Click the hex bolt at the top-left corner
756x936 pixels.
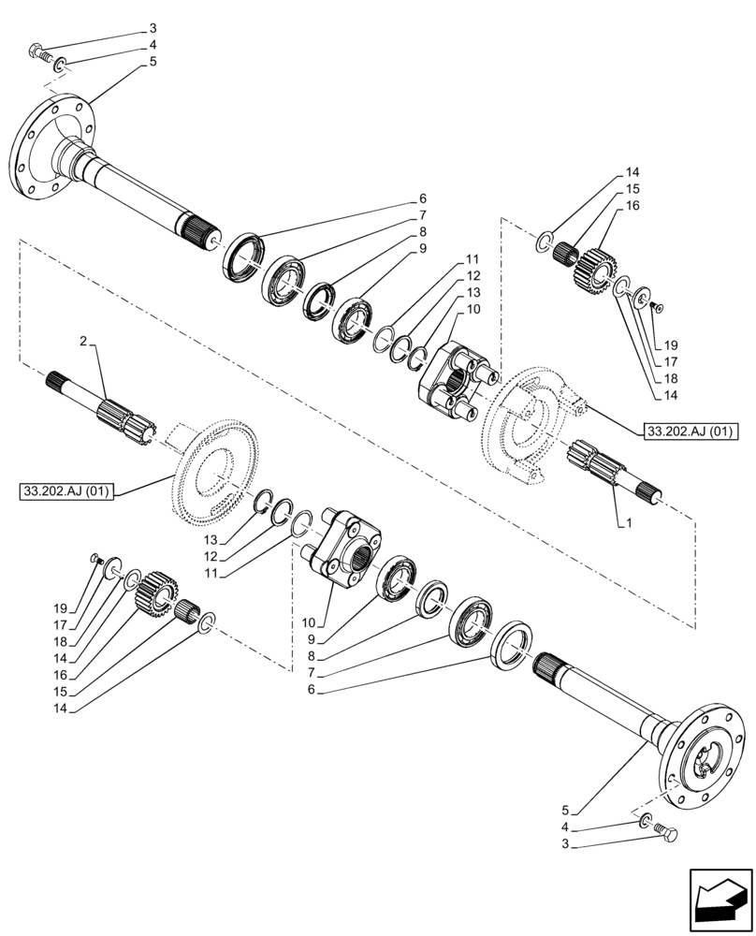tap(38, 53)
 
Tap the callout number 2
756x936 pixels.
tap(84, 344)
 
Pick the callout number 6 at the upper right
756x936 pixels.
tap(423, 198)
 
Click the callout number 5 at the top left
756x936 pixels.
tap(153, 62)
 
